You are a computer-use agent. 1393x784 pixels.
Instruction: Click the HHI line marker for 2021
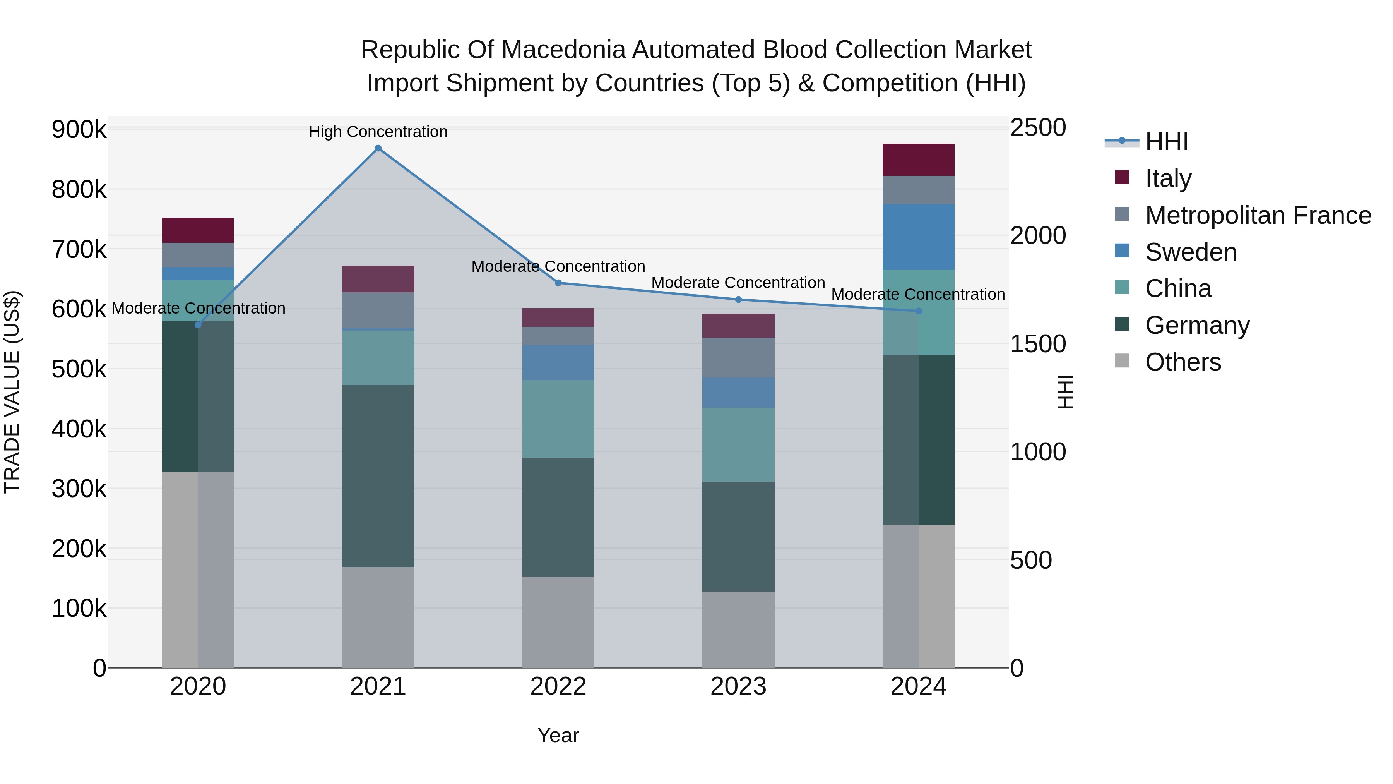378,148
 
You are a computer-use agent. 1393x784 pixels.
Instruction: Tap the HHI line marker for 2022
559,283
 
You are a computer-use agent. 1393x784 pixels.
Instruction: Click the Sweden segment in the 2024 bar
918,237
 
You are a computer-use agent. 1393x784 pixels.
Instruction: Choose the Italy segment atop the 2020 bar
198,230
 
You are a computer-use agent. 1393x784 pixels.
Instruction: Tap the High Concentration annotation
378,132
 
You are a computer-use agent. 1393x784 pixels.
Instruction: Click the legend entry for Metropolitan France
1258,215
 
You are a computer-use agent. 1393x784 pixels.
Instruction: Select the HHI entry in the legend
1166,142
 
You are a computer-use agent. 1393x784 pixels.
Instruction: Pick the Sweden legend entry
1190,252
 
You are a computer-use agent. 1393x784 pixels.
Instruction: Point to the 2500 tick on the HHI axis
1038,128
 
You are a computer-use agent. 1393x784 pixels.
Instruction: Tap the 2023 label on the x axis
738,686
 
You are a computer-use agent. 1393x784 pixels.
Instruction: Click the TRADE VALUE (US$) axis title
12,392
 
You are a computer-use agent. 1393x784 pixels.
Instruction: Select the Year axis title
558,735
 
